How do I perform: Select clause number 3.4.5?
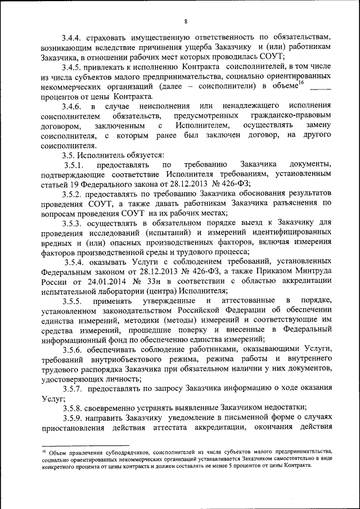(73, 67)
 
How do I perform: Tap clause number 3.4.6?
(73, 106)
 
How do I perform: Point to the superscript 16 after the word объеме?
(301, 84)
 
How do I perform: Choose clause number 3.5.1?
(73, 164)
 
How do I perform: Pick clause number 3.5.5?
(73, 301)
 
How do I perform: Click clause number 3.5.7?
(73, 390)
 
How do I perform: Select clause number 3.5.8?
(73, 409)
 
